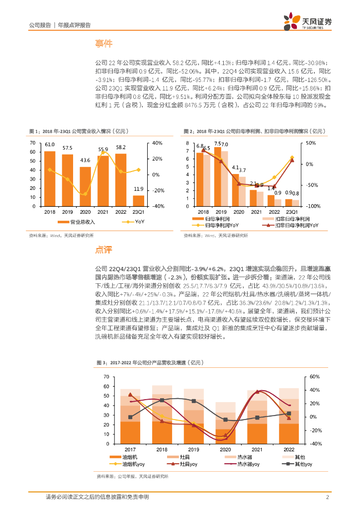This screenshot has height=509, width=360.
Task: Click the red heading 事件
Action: coord(103,44)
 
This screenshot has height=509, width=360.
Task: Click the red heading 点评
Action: coord(103,249)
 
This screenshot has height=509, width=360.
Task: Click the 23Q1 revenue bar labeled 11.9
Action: coord(139,201)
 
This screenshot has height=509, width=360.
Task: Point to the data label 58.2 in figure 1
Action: coord(121,148)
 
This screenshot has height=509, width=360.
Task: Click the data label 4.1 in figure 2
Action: coord(236,167)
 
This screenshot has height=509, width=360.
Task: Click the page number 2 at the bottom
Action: coord(328,497)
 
